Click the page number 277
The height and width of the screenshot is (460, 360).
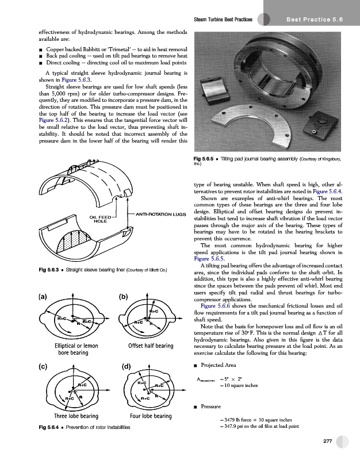tap(328, 441)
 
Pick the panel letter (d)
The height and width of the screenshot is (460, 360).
tap(127, 367)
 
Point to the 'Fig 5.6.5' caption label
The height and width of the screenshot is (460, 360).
tap(206, 158)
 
